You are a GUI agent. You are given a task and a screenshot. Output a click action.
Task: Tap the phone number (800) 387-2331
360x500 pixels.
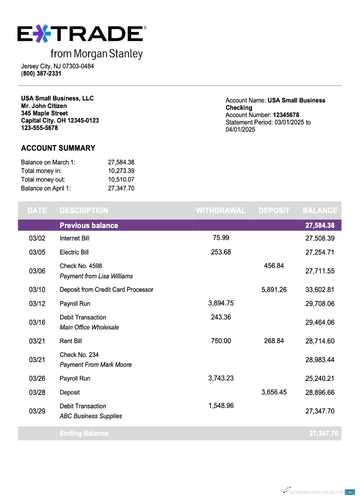[41, 73]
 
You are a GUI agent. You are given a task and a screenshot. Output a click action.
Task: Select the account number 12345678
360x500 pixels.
[286, 115]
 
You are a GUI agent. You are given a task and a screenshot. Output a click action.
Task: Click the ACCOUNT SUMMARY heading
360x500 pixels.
[58, 148]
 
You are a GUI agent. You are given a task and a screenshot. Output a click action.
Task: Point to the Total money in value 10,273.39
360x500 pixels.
[121, 171]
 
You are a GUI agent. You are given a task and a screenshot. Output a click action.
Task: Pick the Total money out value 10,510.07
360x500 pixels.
[121, 179]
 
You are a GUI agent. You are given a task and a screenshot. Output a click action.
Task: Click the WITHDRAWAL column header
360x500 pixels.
[220, 210]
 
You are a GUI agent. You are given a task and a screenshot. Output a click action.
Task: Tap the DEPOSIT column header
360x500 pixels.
[274, 210]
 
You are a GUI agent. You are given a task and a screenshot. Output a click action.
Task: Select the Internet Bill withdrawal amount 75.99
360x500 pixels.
[221, 237]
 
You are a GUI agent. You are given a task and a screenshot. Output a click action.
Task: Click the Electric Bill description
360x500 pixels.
[74, 252]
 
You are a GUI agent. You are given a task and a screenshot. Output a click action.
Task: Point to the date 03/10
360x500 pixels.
[37, 290]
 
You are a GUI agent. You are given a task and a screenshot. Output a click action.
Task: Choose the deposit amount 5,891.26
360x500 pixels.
[273, 289]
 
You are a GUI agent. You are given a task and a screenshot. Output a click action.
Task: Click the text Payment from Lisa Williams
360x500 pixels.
[96, 276]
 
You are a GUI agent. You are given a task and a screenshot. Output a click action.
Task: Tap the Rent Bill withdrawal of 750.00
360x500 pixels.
[221, 340]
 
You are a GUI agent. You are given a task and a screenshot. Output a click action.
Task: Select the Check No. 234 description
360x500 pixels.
[79, 355]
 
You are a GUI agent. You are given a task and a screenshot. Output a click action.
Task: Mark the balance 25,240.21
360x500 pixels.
[319, 378]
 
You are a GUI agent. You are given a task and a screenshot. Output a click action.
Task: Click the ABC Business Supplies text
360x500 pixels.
[90, 416]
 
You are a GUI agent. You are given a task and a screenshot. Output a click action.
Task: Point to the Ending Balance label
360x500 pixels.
[83, 433]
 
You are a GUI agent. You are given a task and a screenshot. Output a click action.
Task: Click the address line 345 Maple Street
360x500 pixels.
[44, 113]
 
